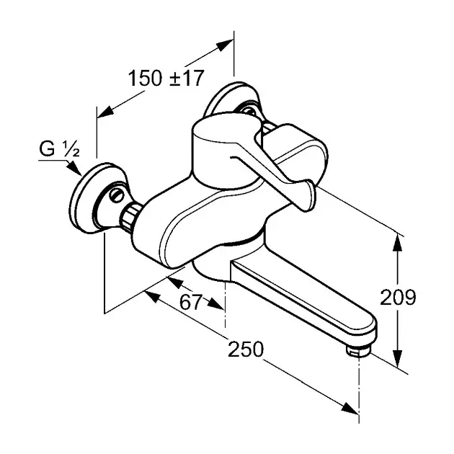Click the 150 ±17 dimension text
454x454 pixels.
166,78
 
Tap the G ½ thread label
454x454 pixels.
59,149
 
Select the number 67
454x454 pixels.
190,302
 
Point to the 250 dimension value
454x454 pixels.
246,349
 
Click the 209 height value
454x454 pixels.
398,297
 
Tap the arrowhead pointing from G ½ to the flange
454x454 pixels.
75,169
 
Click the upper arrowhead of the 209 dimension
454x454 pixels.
398,244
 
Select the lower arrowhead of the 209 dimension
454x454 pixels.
398,358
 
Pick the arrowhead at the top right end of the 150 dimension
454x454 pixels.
225,45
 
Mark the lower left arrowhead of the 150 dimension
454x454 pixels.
106,112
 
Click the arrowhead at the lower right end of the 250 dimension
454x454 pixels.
350,409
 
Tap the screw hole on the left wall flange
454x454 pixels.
117,195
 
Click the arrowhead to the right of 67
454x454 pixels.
215,303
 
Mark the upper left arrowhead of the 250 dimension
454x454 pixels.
151,297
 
